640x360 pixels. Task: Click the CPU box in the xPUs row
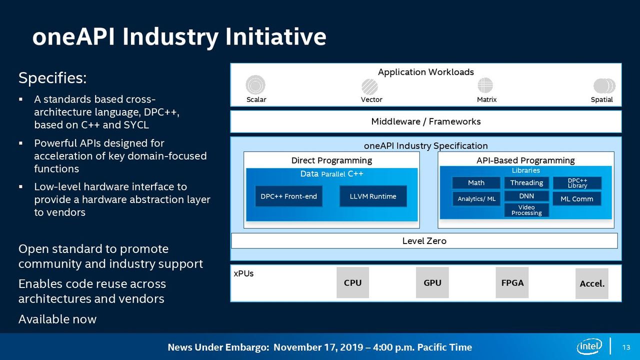(352, 282)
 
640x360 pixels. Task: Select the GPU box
(432, 282)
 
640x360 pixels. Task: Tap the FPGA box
(512, 282)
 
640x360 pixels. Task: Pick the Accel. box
(591, 283)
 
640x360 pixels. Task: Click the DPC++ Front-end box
(288, 196)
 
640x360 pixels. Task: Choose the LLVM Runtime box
(373, 196)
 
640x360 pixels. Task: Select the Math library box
(476, 183)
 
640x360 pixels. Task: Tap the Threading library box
(526, 183)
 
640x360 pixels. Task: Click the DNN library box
(526, 196)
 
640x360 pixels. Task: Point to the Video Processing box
(526, 210)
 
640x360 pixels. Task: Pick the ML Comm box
(577, 199)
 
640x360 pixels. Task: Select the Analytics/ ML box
(476, 199)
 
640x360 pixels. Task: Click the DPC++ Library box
(577, 183)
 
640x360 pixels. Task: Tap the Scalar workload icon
(255, 84)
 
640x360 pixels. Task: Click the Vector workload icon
(369, 86)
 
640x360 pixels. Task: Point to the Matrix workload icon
(485, 85)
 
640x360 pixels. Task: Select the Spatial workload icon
(604, 85)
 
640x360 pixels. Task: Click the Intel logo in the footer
(589, 346)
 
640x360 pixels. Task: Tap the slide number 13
(626, 347)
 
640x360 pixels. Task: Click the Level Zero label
(424, 241)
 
